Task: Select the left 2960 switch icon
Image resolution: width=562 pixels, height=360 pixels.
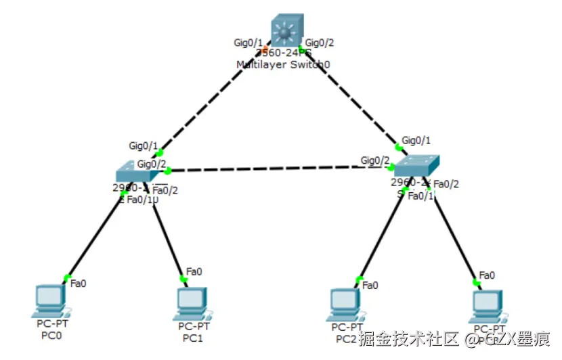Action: click(x=135, y=172)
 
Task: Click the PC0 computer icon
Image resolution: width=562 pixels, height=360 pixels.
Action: click(x=51, y=301)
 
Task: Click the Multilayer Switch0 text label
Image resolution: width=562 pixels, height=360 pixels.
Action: click(x=283, y=64)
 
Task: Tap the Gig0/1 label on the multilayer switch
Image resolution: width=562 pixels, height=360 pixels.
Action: click(x=248, y=43)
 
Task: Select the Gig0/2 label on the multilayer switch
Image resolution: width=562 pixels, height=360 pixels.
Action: click(x=320, y=43)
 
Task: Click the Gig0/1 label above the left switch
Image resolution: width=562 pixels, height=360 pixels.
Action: click(x=144, y=145)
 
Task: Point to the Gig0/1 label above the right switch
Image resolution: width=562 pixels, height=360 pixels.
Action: click(x=416, y=140)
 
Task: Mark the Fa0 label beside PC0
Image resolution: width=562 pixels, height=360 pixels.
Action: click(x=79, y=283)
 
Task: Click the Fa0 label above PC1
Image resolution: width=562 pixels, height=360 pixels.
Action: click(x=194, y=271)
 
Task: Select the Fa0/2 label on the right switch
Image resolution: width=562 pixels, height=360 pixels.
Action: click(x=446, y=183)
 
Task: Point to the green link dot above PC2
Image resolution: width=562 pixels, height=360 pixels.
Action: click(x=359, y=278)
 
